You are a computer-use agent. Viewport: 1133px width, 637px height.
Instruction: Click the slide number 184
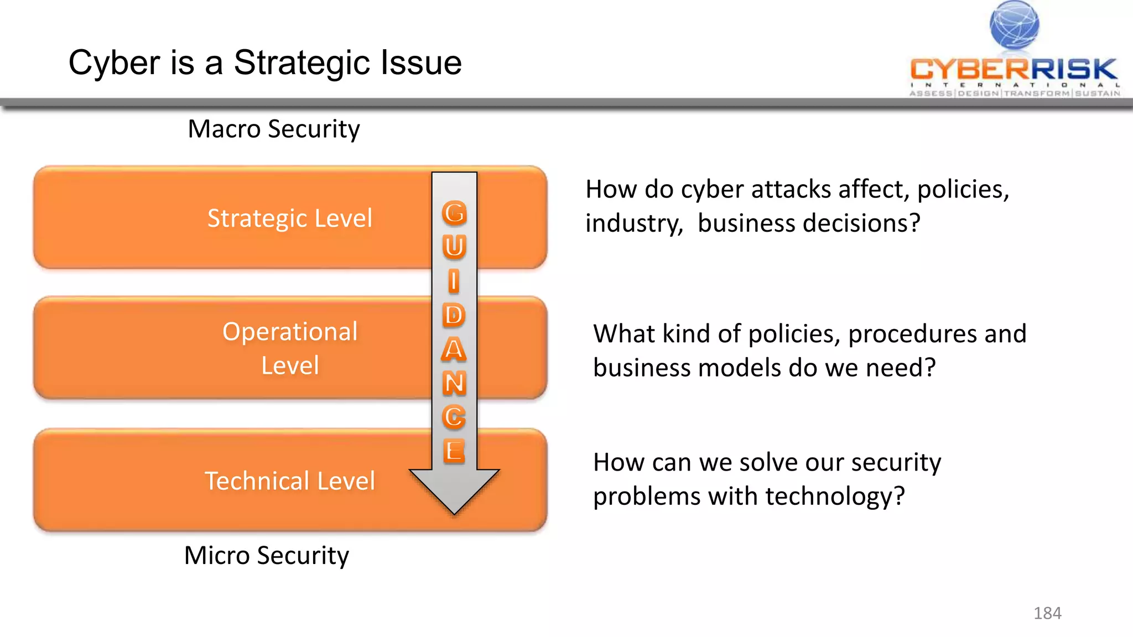[x=1047, y=613]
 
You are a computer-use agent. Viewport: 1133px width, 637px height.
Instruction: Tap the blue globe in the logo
[x=1014, y=25]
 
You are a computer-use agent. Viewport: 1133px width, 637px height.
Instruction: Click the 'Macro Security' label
[x=274, y=129]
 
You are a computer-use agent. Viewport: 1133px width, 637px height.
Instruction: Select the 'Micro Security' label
[x=267, y=555]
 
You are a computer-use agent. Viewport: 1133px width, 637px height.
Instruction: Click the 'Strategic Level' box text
[x=290, y=218]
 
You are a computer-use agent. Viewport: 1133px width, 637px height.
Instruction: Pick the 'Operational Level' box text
[x=290, y=348]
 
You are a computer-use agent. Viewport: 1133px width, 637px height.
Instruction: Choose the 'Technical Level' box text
[x=290, y=481]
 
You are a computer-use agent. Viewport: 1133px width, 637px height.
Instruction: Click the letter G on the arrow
[x=454, y=213]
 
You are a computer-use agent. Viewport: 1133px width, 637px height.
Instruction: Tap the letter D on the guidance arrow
[x=454, y=315]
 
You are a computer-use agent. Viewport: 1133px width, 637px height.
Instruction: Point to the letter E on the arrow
[x=454, y=451]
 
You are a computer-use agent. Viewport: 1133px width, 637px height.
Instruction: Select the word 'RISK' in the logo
[x=1074, y=70]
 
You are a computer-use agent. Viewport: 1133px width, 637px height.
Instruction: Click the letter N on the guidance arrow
[x=454, y=383]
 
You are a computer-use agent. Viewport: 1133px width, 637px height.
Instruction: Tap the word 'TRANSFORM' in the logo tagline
[x=1037, y=93]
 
